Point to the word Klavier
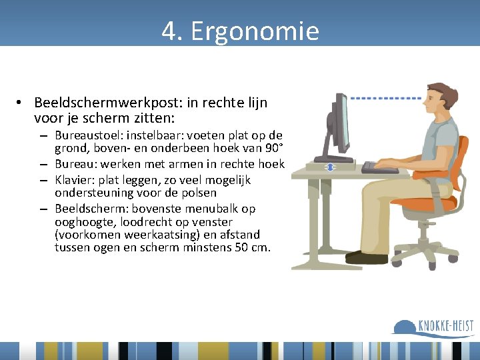[73, 180]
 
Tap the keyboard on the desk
[379, 168]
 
